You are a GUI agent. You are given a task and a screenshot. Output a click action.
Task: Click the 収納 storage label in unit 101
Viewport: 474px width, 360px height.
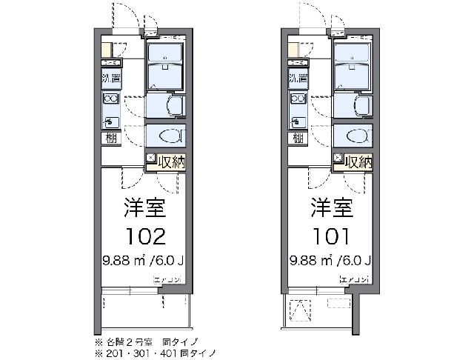tap(358, 161)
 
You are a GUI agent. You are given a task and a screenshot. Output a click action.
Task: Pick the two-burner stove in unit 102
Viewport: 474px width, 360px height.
tap(110, 99)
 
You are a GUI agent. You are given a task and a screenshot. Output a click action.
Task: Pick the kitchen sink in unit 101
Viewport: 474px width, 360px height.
tap(297, 119)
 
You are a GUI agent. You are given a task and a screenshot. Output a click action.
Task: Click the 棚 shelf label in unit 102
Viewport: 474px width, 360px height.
tap(110, 139)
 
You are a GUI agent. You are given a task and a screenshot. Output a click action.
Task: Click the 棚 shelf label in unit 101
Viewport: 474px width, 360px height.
tap(296, 139)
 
